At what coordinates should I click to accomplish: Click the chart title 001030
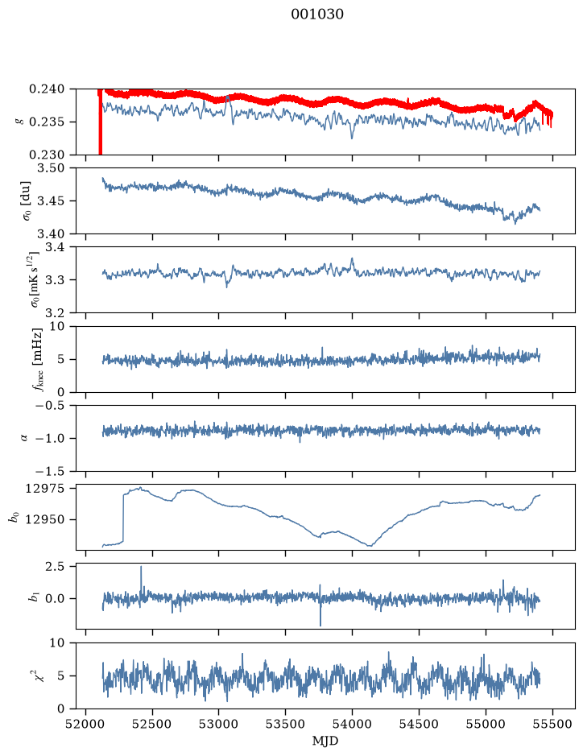tap(317, 14)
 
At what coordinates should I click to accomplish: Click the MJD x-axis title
tap(325, 741)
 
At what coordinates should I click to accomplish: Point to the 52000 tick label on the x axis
tap(86, 724)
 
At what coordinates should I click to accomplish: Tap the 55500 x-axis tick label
tap(552, 724)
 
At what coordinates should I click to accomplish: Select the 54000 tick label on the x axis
tap(352, 724)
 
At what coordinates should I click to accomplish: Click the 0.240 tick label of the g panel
tap(46, 89)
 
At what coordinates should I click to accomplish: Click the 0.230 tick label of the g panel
tap(46, 155)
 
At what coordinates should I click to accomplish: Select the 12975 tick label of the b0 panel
tap(44, 489)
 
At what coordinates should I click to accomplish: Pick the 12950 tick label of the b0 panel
tap(44, 520)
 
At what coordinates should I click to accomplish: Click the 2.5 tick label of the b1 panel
tap(55, 567)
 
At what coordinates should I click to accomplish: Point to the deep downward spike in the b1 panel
tap(320, 613)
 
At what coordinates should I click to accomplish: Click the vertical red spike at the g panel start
tap(101, 122)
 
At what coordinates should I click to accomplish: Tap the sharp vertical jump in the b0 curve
tap(123, 518)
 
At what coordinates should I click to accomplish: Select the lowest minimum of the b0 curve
tap(370, 546)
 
